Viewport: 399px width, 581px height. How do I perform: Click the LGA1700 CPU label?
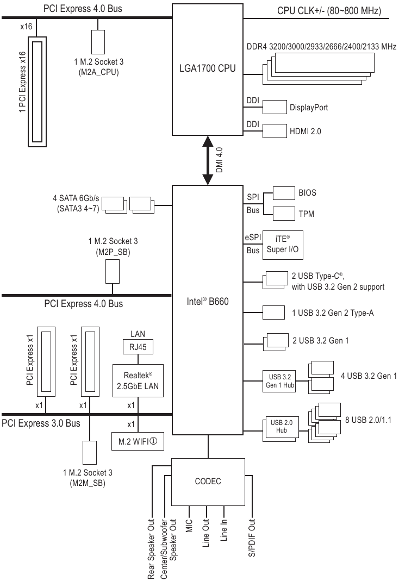tap(208, 68)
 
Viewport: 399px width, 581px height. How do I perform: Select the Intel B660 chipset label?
tap(208, 301)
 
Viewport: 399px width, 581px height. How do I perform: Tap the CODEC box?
tap(208, 482)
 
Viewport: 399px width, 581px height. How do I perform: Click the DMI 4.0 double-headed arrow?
tap(208, 160)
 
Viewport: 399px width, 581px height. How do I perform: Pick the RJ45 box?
tap(138, 347)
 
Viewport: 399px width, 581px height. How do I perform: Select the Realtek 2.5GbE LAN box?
tap(138, 381)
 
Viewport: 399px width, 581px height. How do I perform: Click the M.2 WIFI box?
tap(138, 441)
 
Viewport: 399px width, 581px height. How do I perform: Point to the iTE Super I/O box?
tap(283, 245)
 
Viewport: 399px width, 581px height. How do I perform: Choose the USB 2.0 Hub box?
tap(281, 428)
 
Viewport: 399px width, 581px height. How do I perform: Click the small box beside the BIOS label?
tap(284, 193)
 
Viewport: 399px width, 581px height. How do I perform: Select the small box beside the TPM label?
tap(284, 214)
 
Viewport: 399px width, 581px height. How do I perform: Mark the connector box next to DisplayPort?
tap(275, 107)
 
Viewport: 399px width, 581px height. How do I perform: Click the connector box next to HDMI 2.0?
tap(275, 131)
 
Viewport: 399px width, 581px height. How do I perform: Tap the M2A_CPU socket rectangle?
tap(98, 42)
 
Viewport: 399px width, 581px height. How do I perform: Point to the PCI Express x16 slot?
tap(37, 91)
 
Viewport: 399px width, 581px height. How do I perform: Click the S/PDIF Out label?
tap(252, 538)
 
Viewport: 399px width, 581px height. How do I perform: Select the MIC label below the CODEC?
tap(189, 526)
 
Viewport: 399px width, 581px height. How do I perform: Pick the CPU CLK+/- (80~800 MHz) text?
tap(329, 10)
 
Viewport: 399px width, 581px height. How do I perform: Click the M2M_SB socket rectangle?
tap(89, 452)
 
